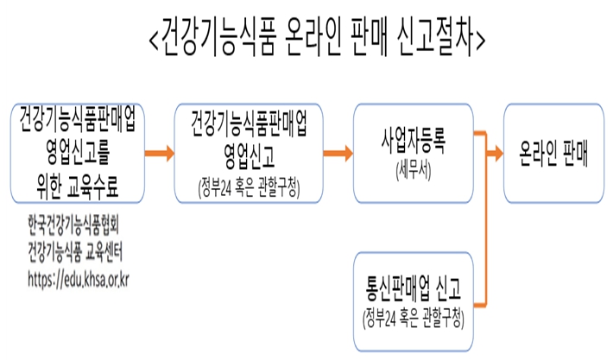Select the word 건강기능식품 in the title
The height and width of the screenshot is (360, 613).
[218, 38]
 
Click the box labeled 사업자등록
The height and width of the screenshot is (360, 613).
[414, 153]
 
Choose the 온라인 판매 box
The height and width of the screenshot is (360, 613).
[553, 153]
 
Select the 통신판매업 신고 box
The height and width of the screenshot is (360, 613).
[414, 302]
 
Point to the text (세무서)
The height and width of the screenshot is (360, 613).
[414, 171]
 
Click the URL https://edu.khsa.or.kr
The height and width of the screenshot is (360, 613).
[79, 280]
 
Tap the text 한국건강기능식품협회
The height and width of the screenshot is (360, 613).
[73, 225]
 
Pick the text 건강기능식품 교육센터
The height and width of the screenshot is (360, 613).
[75, 252]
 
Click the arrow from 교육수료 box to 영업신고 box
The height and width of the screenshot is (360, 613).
[159, 153]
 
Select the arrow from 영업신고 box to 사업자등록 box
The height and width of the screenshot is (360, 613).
[338, 153]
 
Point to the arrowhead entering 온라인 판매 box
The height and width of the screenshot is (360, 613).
[497, 153]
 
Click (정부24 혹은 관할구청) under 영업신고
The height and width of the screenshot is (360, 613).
[249, 188]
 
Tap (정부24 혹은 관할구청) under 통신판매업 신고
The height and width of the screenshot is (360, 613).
[414, 319]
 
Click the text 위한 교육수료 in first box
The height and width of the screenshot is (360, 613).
[78, 186]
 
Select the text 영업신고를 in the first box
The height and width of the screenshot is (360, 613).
[78, 152]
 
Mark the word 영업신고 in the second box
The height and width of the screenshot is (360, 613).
[249, 156]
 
